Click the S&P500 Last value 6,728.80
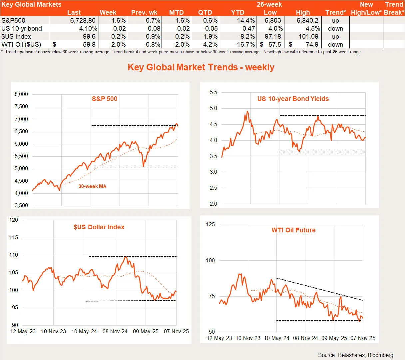[83, 20]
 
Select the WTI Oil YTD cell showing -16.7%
[246, 44]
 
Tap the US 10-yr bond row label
[22, 28]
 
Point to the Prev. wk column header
[144, 13]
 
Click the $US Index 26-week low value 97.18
[272, 36]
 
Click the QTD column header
[205, 13]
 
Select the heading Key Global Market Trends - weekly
[201, 67]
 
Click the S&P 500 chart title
[105, 99]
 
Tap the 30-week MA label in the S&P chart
[92, 186]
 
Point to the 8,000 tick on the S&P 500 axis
[21, 94]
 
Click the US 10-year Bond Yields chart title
[293, 99]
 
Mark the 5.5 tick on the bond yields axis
[213, 92]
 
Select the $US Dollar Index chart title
[99, 227]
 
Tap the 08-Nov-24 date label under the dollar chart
[115, 332]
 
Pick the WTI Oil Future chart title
[293, 230]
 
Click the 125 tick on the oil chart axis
[210, 225]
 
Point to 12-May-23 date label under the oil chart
[219, 338]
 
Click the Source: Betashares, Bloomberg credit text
[355, 355]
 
